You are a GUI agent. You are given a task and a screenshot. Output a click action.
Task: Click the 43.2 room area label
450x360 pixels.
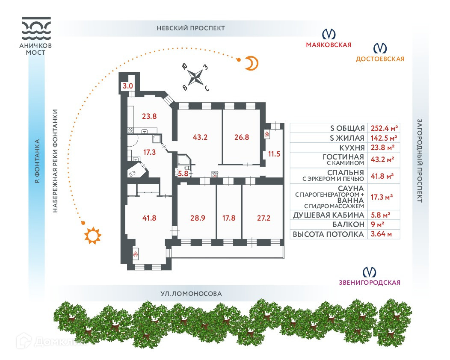(200, 138)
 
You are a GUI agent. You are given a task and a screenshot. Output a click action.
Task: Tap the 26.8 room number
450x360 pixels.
(242, 138)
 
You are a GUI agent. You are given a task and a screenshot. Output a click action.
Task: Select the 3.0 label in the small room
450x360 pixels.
(128, 86)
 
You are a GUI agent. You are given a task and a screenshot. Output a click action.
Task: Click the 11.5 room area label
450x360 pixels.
(274, 153)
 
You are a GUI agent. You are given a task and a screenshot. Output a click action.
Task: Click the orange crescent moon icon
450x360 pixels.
(252, 64)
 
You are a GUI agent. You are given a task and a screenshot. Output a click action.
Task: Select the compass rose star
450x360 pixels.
(196, 77)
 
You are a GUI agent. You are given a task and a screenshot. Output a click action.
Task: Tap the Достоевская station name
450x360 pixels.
(380, 59)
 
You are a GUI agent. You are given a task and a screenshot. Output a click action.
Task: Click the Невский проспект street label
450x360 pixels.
(191, 28)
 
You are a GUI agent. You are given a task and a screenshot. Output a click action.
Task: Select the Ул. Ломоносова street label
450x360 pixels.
(191, 294)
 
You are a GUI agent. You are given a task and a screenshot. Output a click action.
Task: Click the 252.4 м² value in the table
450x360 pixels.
(383, 128)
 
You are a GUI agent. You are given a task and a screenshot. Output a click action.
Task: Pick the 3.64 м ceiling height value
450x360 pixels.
(383, 234)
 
